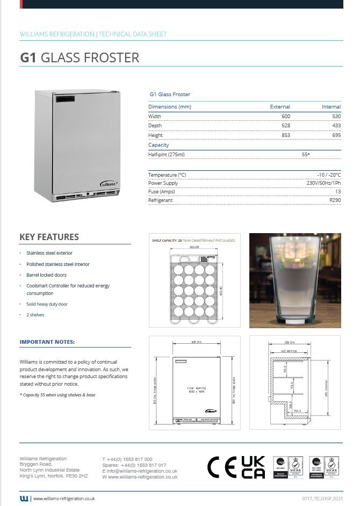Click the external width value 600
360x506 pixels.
(285, 117)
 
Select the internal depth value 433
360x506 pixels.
(336, 126)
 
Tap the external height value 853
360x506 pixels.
(285, 135)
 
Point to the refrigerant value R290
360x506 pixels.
(335, 200)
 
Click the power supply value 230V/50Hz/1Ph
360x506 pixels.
(321, 183)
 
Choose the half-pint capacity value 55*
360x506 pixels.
(306, 155)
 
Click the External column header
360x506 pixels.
(280, 107)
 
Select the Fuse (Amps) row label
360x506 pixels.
(161, 192)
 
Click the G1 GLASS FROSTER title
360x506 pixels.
(80, 57)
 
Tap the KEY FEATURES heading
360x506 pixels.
(49, 237)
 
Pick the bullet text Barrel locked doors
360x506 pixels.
(46, 275)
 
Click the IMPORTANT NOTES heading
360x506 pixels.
(47, 342)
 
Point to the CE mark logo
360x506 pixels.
(221, 468)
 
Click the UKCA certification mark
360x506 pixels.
(253, 467)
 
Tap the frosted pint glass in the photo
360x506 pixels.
(295, 279)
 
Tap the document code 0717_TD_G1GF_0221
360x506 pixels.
(322, 499)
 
